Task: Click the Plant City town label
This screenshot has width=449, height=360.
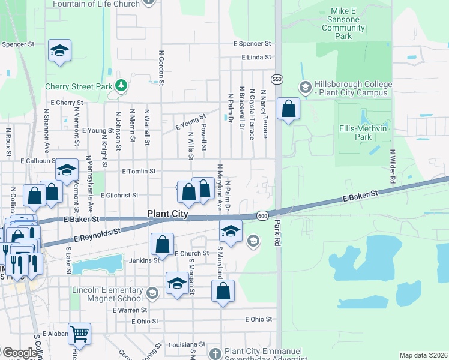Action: [x=168, y=214]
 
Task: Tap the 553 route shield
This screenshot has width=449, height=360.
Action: [x=277, y=79]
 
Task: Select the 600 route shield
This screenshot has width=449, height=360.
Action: [x=262, y=215]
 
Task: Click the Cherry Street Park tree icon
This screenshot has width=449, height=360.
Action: [x=121, y=86]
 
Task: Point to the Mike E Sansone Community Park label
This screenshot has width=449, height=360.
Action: [x=343, y=24]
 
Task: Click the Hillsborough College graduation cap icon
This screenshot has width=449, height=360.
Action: [x=305, y=86]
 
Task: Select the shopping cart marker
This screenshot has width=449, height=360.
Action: [x=79, y=333]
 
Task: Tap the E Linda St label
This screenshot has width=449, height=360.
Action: [x=257, y=58]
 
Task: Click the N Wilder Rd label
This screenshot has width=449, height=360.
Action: [x=392, y=166]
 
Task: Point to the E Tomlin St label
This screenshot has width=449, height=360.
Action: [x=139, y=171]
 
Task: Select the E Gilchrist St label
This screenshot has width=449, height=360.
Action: [x=119, y=195]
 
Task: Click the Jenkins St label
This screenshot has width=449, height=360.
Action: [x=144, y=260]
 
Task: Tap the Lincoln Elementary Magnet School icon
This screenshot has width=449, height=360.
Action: [x=152, y=293]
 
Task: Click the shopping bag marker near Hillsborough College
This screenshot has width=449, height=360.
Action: [x=289, y=109]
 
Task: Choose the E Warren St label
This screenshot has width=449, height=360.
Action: [x=130, y=310]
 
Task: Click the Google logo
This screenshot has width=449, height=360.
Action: [x=19, y=353]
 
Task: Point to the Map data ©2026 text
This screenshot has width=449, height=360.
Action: [x=423, y=355]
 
